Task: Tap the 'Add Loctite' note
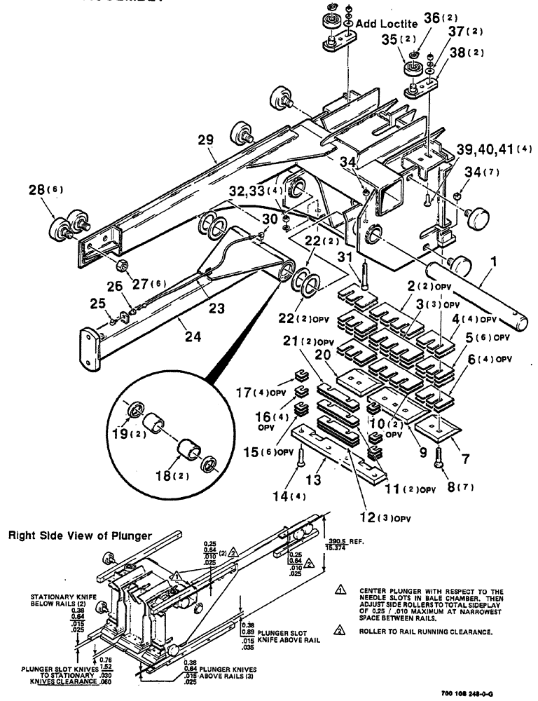tap(388, 24)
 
